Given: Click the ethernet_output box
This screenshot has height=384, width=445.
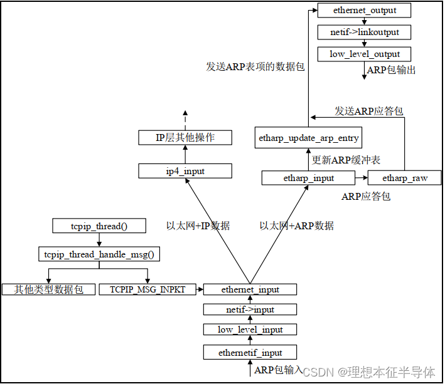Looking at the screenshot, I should [x=364, y=11].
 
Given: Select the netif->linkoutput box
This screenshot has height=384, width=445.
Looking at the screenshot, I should [x=364, y=32].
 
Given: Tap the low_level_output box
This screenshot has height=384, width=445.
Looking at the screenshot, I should [x=364, y=54].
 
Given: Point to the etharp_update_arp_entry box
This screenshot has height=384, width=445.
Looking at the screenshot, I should [x=309, y=138].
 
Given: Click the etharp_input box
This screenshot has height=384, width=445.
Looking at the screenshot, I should [x=309, y=179].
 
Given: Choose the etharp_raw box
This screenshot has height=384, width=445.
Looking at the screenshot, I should [x=405, y=179].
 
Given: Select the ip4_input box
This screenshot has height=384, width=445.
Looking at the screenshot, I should [x=185, y=171].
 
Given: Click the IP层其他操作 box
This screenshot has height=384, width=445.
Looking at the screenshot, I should [x=185, y=138].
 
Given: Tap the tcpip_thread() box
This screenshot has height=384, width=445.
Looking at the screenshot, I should [x=99, y=226].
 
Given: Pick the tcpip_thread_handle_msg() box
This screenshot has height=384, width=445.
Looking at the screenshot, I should [x=99, y=254].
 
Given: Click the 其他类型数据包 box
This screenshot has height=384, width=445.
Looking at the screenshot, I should [x=48, y=289].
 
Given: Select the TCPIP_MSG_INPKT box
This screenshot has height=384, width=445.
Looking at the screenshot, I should [x=147, y=289].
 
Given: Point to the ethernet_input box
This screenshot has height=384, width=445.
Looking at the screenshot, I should [x=250, y=289].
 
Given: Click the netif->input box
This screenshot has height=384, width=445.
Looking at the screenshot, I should [x=250, y=309].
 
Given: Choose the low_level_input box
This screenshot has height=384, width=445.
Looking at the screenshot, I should [x=250, y=330].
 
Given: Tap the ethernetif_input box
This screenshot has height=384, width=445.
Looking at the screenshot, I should [x=250, y=353].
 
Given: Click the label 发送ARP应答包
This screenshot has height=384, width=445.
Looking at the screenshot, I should [x=368, y=111].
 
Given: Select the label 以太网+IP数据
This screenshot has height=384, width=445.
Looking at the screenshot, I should [x=198, y=226].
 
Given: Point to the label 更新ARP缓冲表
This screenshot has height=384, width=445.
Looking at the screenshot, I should [x=346, y=159].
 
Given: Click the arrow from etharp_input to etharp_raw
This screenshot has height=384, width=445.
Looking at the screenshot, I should [x=362, y=179].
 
